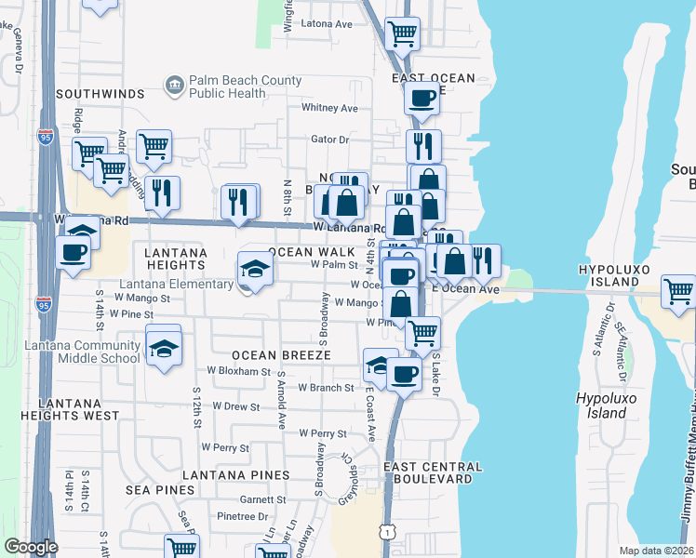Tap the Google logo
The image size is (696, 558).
(31, 547)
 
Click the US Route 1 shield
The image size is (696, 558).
(384, 530)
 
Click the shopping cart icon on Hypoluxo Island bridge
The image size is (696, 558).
(678, 291)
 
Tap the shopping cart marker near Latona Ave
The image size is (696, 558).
(401, 33)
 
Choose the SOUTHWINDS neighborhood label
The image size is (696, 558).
(100, 94)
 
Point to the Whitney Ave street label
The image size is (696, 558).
(329, 108)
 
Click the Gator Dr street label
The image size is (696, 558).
(329, 139)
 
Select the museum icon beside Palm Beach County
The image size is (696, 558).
(174, 86)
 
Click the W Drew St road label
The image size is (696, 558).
(235, 406)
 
